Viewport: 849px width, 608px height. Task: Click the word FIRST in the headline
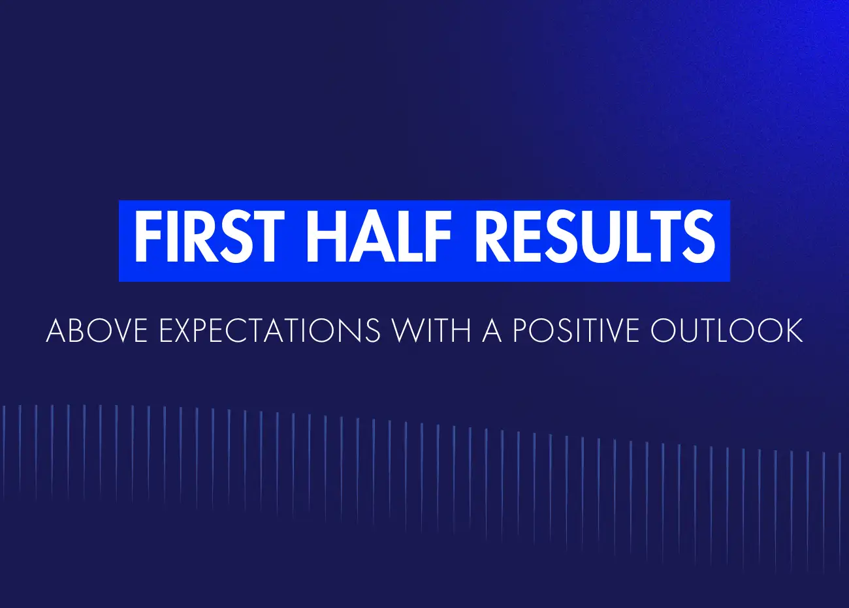pyautogui.click(x=209, y=237)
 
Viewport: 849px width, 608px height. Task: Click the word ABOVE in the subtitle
pyautogui.click(x=97, y=331)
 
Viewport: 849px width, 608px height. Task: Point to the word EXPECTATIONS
pyautogui.click(x=270, y=331)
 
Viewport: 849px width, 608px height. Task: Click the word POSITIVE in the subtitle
pyautogui.click(x=576, y=331)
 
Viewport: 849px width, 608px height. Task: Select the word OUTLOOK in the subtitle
pyautogui.click(x=727, y=331)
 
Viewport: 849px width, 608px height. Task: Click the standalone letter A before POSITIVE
pyautogui.click(x=492, y=331)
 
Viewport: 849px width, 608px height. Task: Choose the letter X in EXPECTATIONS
pyautogui.click(x=188, y=331)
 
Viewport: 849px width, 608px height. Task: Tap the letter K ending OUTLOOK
pyautogui.click(x=793, y=331)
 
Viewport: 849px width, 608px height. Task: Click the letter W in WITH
pyautogui.click(x=408, y=331)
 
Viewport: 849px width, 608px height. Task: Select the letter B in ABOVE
pyautogui.click(x=76, y=331)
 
